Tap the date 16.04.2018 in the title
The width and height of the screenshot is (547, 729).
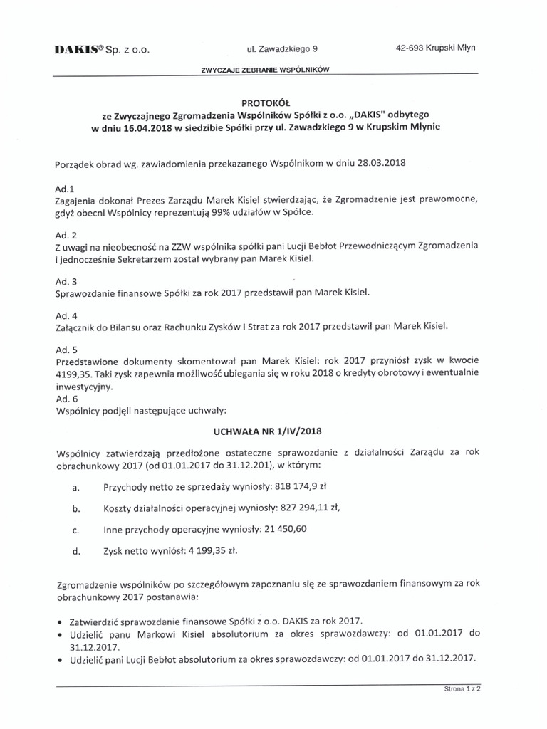coord(150,127)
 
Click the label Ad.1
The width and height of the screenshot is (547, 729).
coord(65,190)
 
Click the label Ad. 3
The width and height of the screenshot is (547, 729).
coord(66,281)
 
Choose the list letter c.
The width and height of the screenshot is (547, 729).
coord(75,531)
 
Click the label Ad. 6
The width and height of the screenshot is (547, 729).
coord(66,399)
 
